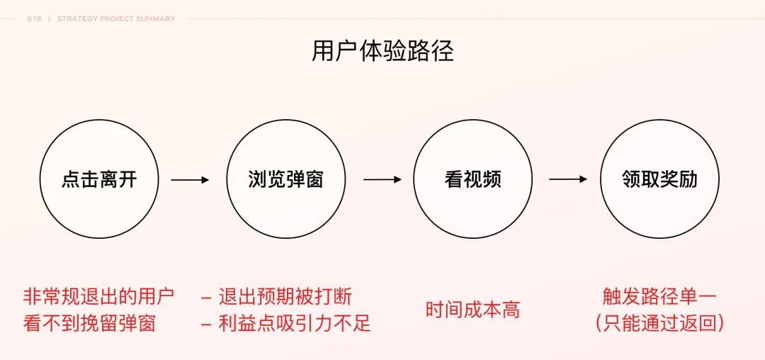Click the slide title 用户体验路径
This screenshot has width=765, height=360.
[x=382, y=51]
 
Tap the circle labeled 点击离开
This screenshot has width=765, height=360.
[x=98, y=179]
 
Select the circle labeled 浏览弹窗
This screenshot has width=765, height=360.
[x=285, y=179]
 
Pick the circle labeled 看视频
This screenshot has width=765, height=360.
[x=472, y=179]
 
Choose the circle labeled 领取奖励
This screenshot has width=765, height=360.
[x=659, y=179]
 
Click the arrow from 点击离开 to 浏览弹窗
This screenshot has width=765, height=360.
[x=190, y=180]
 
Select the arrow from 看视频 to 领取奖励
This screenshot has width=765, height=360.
[x=568, y=180]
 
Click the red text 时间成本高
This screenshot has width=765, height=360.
[x=472, y=310]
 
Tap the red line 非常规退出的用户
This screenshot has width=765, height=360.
[x=98, y=296]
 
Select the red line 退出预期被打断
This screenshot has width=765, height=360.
[x=285, y=296]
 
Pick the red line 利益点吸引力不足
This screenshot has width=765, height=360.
[x=295, y=324]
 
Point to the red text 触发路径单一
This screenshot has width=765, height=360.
[x=659, y=296]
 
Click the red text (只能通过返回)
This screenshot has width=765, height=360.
[x=659, y=324]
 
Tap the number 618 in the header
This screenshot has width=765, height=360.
[x=34, y=19]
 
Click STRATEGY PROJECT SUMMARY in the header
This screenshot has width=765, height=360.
[x=115, y=19]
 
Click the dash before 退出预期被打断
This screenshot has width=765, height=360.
[x=206, y=297]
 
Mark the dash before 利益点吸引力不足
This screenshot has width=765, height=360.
[x=206, y=325]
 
